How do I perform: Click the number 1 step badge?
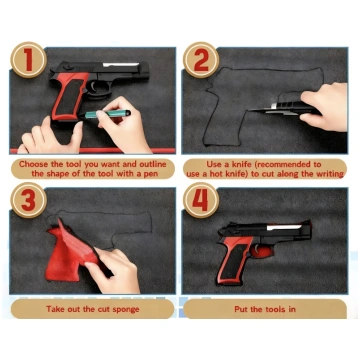click(x=28, y=60)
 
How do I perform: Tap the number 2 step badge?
click(x=201, y=60)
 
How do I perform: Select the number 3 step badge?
click(x=28, y=200)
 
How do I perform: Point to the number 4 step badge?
click(x=201, y=200)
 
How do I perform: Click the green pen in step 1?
click(x=107, y=114)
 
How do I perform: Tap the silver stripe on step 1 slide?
click(x=120, y=64)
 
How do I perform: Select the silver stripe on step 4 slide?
click(x=284, y=227)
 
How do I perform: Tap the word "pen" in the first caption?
click(x=151, y=174)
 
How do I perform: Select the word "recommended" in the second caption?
click(x=283, y=164)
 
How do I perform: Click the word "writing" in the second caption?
click(x=329, y=174)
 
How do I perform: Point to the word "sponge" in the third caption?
click(x=126, y=309)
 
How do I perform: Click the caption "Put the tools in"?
click(x=265, y=309)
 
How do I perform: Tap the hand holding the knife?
click(x=325, y=107)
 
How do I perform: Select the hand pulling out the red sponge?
click(x=113, y=270)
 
